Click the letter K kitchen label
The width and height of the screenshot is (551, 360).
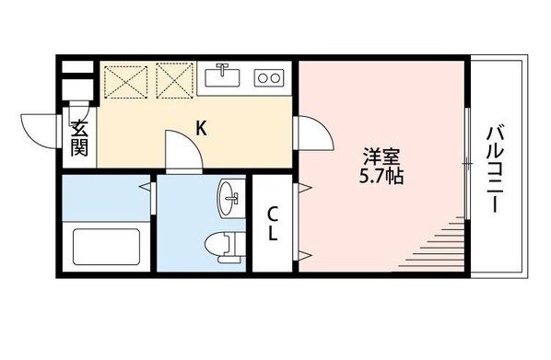(200, 128)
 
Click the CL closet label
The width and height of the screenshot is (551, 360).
(274, 225)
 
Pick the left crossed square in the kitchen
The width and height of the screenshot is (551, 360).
(125, 79)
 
